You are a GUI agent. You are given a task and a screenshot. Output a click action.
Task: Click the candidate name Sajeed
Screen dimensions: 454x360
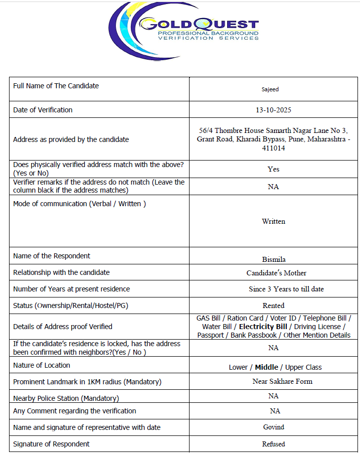coord(270,89)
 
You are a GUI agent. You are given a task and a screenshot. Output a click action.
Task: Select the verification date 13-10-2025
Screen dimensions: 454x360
coord(273,110)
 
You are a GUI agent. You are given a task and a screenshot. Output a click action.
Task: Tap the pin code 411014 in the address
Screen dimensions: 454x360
coord(273,148)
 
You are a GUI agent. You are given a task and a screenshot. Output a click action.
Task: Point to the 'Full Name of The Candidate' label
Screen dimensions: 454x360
coord(56,86)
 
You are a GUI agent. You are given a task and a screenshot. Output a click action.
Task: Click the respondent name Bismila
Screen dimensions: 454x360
coord(274,259)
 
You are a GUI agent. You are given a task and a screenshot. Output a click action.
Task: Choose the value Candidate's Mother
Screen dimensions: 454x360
coord(276,273)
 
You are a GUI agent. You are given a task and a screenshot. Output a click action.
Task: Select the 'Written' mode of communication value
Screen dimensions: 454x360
coord(273,221)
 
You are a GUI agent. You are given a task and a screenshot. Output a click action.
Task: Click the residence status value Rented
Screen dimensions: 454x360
coord(273,306)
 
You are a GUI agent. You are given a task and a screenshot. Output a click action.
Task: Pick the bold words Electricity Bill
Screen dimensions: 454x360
coord(263,327)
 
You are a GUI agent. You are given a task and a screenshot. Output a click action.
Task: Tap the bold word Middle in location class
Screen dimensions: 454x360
coord(266,367)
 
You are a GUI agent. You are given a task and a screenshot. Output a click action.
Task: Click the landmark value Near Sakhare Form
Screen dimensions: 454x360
coord(282,381)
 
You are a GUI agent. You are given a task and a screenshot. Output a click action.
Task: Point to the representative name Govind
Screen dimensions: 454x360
coord(273,427)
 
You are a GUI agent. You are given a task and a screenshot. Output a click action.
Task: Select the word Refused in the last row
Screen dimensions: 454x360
coord(273,444)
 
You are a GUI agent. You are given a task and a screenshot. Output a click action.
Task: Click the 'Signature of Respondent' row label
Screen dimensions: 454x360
coord(51,444)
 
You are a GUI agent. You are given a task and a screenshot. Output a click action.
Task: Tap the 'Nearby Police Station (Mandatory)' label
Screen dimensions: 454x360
coord(66,398)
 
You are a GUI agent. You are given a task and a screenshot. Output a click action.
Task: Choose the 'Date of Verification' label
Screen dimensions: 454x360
coord(43,110)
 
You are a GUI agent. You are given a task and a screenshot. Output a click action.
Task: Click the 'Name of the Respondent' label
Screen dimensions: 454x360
coord(52,256)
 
